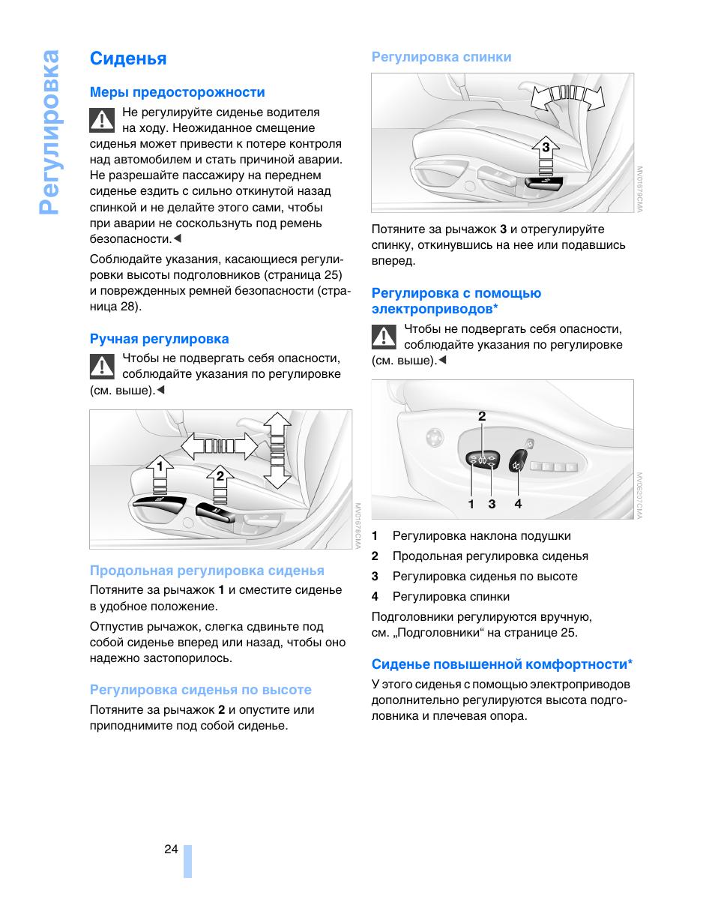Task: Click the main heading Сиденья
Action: click(x=128, y=58)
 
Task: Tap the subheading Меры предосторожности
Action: click(x=178, y=92)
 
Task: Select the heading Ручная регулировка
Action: click(x=160, y=339)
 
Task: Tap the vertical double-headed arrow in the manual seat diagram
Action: click(x=277, y=450)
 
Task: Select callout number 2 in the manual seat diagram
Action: click(x=220, y=475)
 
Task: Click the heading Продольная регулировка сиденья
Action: click(x=207, y=571)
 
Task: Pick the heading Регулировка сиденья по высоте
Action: click(x=201, y=690)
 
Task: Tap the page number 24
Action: click(x=171, y=849)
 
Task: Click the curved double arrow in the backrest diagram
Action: click(x=568, y=96)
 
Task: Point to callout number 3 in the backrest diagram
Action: click(x=546, y=147)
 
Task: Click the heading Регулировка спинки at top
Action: click(x=441, y=57)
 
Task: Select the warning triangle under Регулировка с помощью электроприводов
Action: click(x=384, y=337)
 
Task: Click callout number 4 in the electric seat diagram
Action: click(x=518, y=505)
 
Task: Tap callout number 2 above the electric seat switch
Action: click(x=482, y=416)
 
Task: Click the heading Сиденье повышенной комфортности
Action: click(x=502, y=664)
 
